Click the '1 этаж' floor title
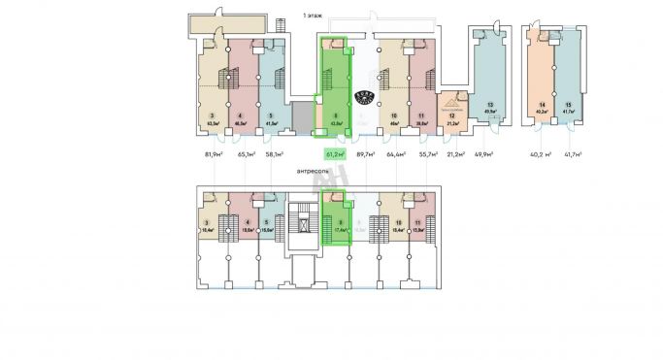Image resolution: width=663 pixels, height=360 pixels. click(x=314, y=16)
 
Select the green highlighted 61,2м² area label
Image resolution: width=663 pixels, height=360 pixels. click(x=336, y=153)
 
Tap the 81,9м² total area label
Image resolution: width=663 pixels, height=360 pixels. click(x=215, y=153)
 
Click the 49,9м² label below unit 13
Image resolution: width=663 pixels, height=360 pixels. click(x=482, y=153)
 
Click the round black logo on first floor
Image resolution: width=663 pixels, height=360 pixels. click(x=364, y=97)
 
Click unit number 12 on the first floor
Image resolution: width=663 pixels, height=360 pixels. click(x=451, y=116)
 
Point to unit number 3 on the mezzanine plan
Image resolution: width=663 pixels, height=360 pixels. click(x=209, y=222)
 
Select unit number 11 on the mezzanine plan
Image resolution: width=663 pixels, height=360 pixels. click(x=416, y=222)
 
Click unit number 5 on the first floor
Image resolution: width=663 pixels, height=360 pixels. click(x=271, y=115)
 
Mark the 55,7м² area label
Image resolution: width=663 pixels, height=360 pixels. click(x=427, y=153)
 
